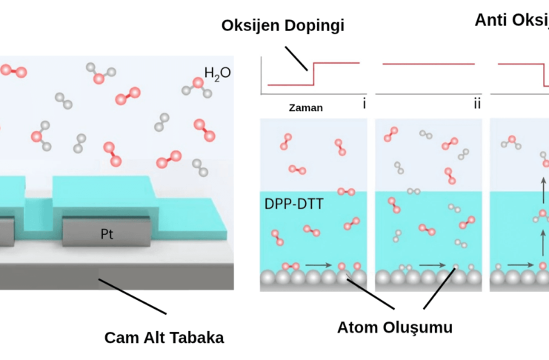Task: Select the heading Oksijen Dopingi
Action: pyautogui.click(x=283, y=26)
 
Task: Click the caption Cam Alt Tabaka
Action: pyautogui.click(x=163, y=338)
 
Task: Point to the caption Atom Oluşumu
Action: pyautogui.click(x=394, y=327)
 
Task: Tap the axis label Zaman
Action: pyautogui.click(x=306, y=108)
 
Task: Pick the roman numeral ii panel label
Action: pyautogui.click(x=477, y=104)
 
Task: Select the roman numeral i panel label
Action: pyautogui.click(x=364, y=104)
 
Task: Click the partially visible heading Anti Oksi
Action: pyautogui.click(x=511, y=20)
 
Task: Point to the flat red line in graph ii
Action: pyautogui.click(x=428, y=64)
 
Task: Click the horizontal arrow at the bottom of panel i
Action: pyautogui.click(x=316, y=263)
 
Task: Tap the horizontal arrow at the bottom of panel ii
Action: pyautogui.click(x=432, y=263)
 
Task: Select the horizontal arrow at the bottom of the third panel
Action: pyautogui.click(x=520, y=264)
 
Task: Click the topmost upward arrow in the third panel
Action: pyautogui.click(x=544, y=185)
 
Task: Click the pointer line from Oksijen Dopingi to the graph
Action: pyautogui.click(x=296, y=57)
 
